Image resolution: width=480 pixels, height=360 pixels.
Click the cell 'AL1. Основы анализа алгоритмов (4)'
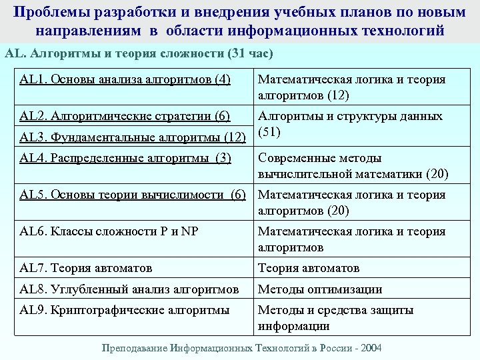click(x=125, y=80)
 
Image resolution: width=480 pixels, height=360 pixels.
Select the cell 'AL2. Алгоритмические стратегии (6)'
click(x=125, y=117)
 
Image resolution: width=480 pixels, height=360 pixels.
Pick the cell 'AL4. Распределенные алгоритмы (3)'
click(x=125, y=158)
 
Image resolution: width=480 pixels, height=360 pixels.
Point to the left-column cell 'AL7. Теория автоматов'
click(x=86, y=268)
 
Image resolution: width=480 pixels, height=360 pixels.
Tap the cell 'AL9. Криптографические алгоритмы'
click(x=125, y=310)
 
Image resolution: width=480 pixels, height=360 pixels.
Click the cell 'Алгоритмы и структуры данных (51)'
click(x=349, y=124)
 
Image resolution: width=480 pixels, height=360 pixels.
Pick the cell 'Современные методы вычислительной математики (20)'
click(x=353, y=166)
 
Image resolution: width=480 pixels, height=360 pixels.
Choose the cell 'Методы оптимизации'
click(x=320, y=289)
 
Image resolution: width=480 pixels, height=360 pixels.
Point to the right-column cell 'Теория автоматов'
click(x=309, y=268)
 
